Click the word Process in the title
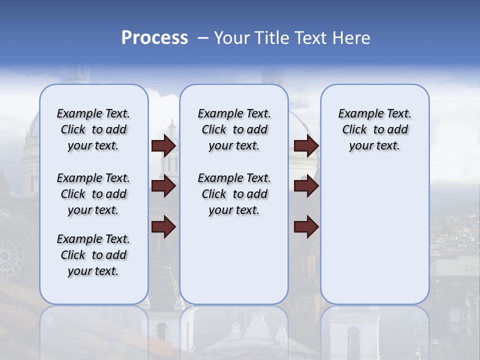[154, 38]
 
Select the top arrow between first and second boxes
[163, 146]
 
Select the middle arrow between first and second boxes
[163, 186]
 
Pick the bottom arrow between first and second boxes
[163, 227]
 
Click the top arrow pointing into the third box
[306, 146]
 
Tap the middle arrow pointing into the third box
[306, 186]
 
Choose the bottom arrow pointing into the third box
[306, 227]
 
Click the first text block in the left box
[93, 129]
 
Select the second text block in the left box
[93, 194]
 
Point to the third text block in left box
[93, 255]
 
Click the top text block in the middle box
[234, 129]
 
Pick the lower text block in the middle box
[234, 194]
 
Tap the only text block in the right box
[374, 129]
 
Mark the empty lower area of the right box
[374, 235]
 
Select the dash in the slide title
[203, 38]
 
